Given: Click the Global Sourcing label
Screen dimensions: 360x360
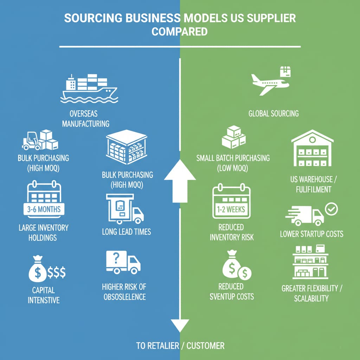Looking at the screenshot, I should [274, 113].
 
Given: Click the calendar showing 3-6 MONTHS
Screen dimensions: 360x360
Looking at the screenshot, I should [44, 201].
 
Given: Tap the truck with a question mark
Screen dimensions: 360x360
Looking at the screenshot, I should [123, 262].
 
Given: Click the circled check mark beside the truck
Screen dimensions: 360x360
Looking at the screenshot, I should [332, 209].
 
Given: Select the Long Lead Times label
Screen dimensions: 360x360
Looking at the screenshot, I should [127, 231].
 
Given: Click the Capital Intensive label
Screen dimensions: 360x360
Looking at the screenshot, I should [44, 295].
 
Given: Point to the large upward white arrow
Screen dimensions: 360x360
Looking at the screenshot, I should [180, 179].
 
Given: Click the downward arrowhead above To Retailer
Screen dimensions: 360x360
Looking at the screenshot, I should [180, 325].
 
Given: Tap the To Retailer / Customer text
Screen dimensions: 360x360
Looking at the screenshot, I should [180, 346].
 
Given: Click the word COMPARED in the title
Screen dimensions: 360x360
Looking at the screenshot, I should [179, 32].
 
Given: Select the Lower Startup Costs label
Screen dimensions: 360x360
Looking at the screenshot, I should [311, 233].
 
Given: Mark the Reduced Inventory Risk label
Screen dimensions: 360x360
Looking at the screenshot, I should [231, 232].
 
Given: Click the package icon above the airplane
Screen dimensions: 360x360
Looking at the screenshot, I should [285, 72].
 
